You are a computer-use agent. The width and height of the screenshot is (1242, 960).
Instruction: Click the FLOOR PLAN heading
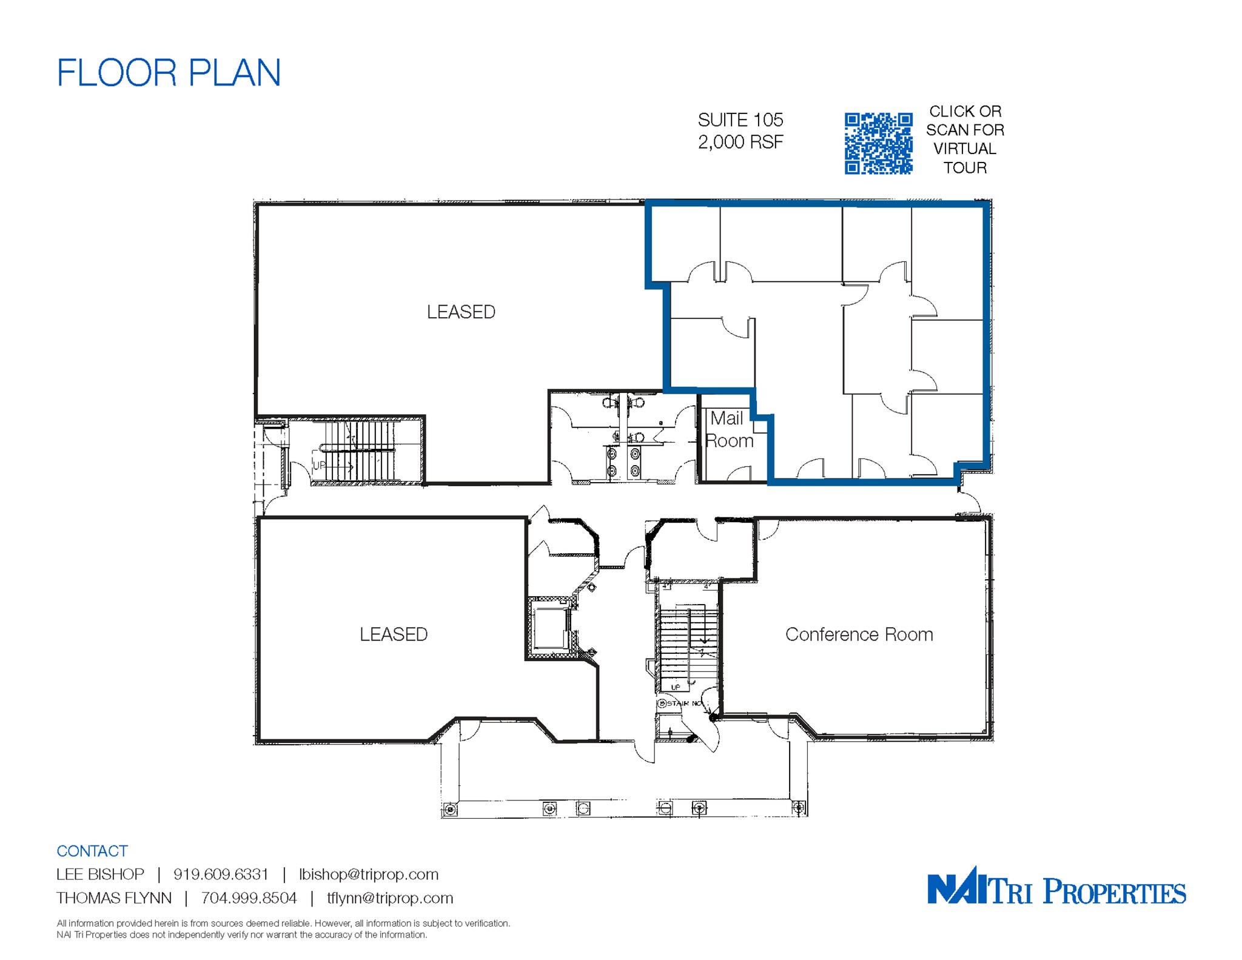[169, 73]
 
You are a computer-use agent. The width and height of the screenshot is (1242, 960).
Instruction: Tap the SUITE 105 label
[740, 120]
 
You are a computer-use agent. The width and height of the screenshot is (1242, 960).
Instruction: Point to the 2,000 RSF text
[740, 142]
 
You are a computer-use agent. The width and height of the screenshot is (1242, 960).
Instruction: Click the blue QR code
[878, 144]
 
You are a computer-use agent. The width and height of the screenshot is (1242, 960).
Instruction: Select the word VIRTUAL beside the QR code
[964, 149]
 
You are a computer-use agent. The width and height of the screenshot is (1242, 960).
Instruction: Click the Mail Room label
[729, 429]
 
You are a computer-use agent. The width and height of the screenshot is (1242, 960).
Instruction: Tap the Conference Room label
[859, 634]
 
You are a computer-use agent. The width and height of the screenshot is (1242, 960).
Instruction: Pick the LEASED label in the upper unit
[461, 312]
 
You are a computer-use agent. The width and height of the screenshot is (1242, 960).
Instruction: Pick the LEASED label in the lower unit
[394, 634]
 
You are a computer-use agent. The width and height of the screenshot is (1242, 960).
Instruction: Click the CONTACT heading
[92, 851]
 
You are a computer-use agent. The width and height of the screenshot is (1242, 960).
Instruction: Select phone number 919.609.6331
[221, 874]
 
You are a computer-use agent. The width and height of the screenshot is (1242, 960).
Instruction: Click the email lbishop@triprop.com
[369, 874]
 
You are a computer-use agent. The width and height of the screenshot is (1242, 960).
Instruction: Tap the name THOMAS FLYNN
[114, 898]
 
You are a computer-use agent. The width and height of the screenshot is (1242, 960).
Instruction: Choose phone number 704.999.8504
[249, 898]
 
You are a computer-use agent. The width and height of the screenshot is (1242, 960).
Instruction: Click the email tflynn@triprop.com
[390, 898]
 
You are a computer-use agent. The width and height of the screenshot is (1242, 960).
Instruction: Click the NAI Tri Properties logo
[1056, 887]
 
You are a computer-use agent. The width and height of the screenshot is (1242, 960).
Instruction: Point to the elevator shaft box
[550, 628]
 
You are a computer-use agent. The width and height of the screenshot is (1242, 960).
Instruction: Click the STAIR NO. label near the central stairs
[682, 703]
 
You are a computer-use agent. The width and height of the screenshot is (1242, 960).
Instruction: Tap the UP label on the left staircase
[319, 465]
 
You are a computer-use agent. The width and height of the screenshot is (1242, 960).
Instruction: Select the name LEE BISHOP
[100, 874]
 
